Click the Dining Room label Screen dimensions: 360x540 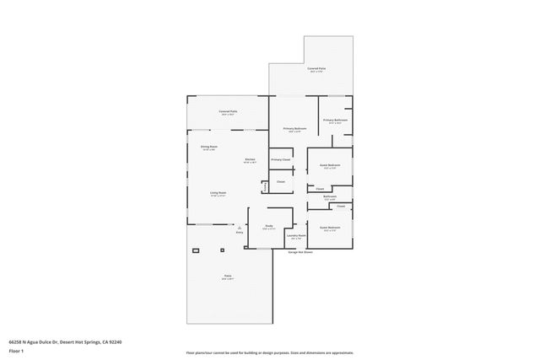(x=208, y=148)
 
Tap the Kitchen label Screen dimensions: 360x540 (x=250, y=159)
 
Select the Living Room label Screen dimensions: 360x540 (x=219, y=193)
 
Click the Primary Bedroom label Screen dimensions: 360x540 (x=294, y=128)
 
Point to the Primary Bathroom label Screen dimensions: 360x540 (x=335, y=121)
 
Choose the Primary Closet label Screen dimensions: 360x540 (x=280, y=159)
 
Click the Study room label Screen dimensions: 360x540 (x=269, y=225)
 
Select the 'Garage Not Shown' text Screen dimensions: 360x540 (x=300, y=252)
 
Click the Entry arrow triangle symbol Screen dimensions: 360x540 (x=239, y=227)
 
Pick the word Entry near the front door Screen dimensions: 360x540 (x=239, y=232)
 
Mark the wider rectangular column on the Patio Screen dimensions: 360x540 (x=197, y=250)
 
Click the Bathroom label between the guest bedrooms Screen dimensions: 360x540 (x=329, y=196)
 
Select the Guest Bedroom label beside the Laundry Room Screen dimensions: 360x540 (x=329, y=228)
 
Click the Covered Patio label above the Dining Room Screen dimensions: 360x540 (x=227, y=111)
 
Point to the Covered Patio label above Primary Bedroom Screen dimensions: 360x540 (x=316, y=68)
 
